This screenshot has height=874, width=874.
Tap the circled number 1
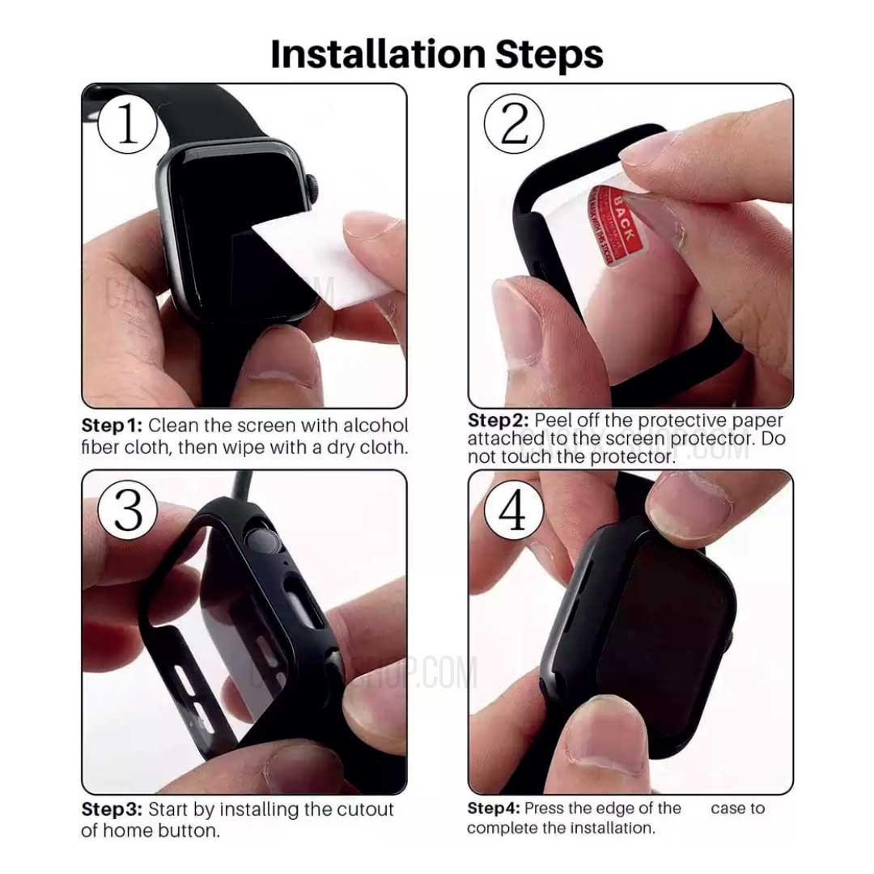(x=128, y=124)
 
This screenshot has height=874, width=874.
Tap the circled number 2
(x=514, y=124)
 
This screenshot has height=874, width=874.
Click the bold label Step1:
(x=112, y=426)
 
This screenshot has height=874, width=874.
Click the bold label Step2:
(x=499, y=421)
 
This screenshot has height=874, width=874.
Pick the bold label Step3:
(x=112, y=810)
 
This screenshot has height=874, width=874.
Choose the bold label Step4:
(x=493, y=808)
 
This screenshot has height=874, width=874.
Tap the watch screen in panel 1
(x=235, y=210)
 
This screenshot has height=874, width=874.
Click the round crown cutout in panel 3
(x=263, y=539)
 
